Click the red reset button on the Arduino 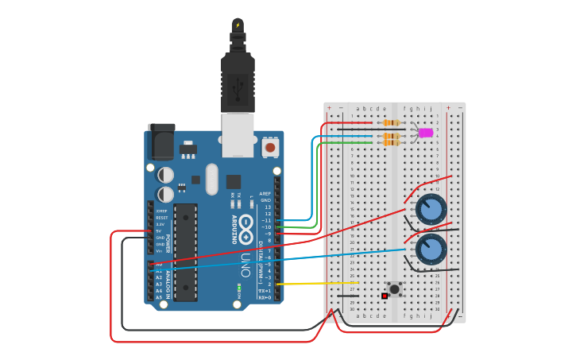(270, 147)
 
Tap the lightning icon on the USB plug (237, 25)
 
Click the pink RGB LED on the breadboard (426, 133)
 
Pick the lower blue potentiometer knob (431, 250)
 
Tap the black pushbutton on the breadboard (393, 288)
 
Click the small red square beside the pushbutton (385, 296)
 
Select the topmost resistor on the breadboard (391, 122)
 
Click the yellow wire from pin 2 (318, 284)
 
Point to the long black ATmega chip (185, 252)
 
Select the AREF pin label (265, 193)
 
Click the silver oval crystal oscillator (211, 179)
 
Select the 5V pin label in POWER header (159, 231)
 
